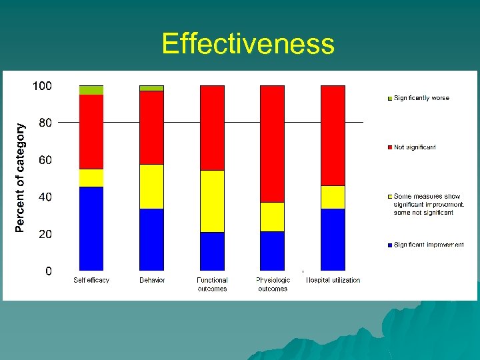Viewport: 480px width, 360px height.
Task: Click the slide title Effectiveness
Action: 247,44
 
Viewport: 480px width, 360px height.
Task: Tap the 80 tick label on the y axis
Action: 45,123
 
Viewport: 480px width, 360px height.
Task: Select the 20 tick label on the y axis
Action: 45,234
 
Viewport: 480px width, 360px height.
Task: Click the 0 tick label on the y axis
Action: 48,271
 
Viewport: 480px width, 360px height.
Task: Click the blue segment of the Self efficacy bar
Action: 91,228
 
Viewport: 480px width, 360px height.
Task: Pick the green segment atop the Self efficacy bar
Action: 91,90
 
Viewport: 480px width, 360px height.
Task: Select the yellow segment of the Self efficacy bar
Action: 91,178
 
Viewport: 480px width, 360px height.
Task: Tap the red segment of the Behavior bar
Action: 151,127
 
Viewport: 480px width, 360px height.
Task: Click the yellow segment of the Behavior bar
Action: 151,187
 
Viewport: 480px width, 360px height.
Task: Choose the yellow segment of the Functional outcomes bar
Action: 212,201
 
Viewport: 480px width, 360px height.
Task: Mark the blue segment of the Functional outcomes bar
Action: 212,251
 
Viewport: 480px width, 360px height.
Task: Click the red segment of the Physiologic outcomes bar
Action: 272,144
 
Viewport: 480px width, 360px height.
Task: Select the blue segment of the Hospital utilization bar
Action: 333,239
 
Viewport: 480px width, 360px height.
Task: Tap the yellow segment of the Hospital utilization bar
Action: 333,197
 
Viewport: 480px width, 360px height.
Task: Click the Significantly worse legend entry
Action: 421,98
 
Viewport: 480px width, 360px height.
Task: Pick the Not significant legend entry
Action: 414,147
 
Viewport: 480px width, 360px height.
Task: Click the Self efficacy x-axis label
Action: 91,281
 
